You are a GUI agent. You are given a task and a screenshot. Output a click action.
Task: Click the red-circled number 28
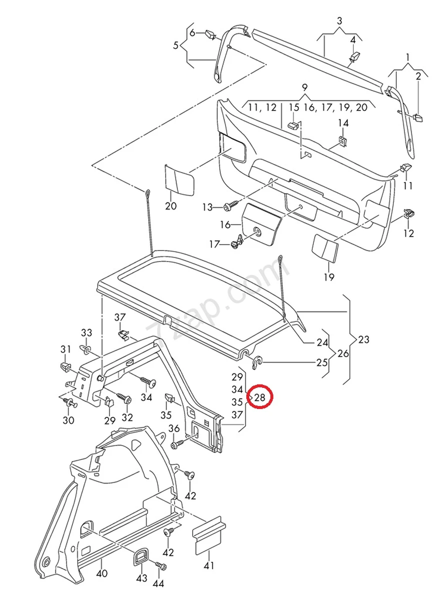tap(260, 397)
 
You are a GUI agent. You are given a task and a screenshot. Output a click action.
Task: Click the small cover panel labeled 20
tap(178, 179)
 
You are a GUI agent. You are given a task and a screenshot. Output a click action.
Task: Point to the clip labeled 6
tap(210, 35)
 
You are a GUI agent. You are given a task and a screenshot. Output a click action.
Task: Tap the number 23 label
tap(364, 339)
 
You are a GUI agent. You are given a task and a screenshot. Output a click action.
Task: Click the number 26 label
tap(343, 354)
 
